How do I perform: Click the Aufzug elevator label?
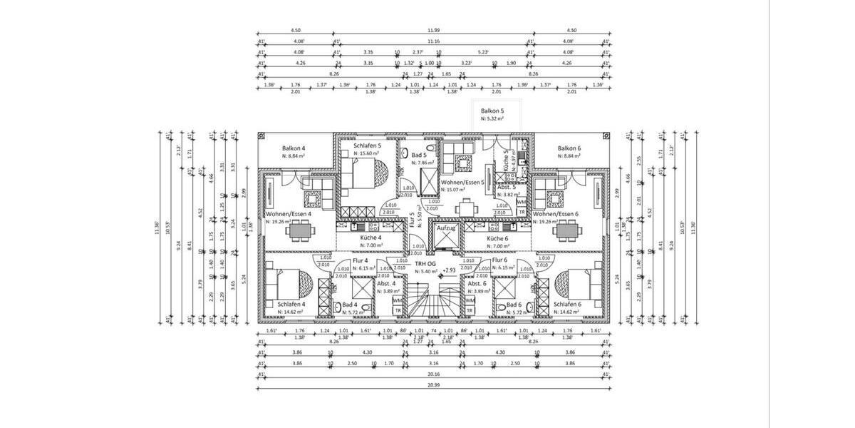click(446, 228)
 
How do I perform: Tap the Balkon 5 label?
click(492, 111)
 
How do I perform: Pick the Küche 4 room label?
click(370, 238)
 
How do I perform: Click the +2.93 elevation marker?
click(448, 271)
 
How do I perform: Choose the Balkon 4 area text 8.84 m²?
click(294, 156)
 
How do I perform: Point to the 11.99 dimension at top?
click(433, 31)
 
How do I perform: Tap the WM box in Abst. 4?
click(397, 300)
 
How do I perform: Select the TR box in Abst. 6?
click(470, 311)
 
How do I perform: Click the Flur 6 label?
click(499, 261)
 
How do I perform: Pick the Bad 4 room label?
click(351, 305)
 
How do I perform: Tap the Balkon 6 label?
click(570, 148)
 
